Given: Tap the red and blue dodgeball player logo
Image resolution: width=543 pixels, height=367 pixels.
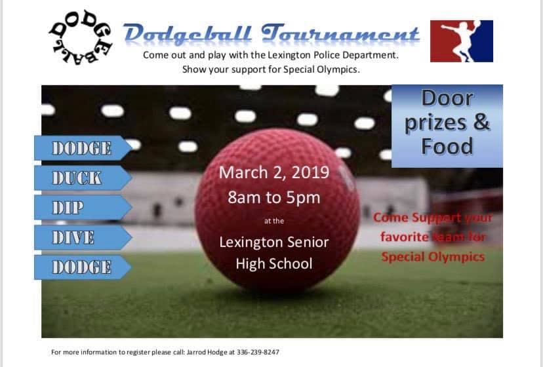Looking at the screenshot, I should coord(461,41).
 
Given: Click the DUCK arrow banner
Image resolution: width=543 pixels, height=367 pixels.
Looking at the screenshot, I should coord(81,178).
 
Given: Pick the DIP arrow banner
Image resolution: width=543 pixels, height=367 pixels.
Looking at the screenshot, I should coord(81,208).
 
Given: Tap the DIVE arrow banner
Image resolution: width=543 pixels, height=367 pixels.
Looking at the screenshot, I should coord(81,237).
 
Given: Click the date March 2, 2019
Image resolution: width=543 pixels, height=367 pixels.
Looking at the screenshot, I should coord(274,173).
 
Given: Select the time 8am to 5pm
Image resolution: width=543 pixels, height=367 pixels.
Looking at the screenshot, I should coord(274,197).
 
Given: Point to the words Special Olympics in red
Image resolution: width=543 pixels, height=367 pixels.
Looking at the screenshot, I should coord(433,256).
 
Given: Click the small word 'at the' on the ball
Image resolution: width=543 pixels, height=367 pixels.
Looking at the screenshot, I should coord(274,222).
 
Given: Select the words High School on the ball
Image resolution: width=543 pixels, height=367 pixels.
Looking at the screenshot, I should coord(274,263).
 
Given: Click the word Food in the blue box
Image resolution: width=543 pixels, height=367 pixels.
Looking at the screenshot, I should coord(447,145).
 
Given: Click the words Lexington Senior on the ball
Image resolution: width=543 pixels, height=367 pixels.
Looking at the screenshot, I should coord(274,242).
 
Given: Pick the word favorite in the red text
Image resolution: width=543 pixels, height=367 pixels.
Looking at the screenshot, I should coord(403,237).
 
